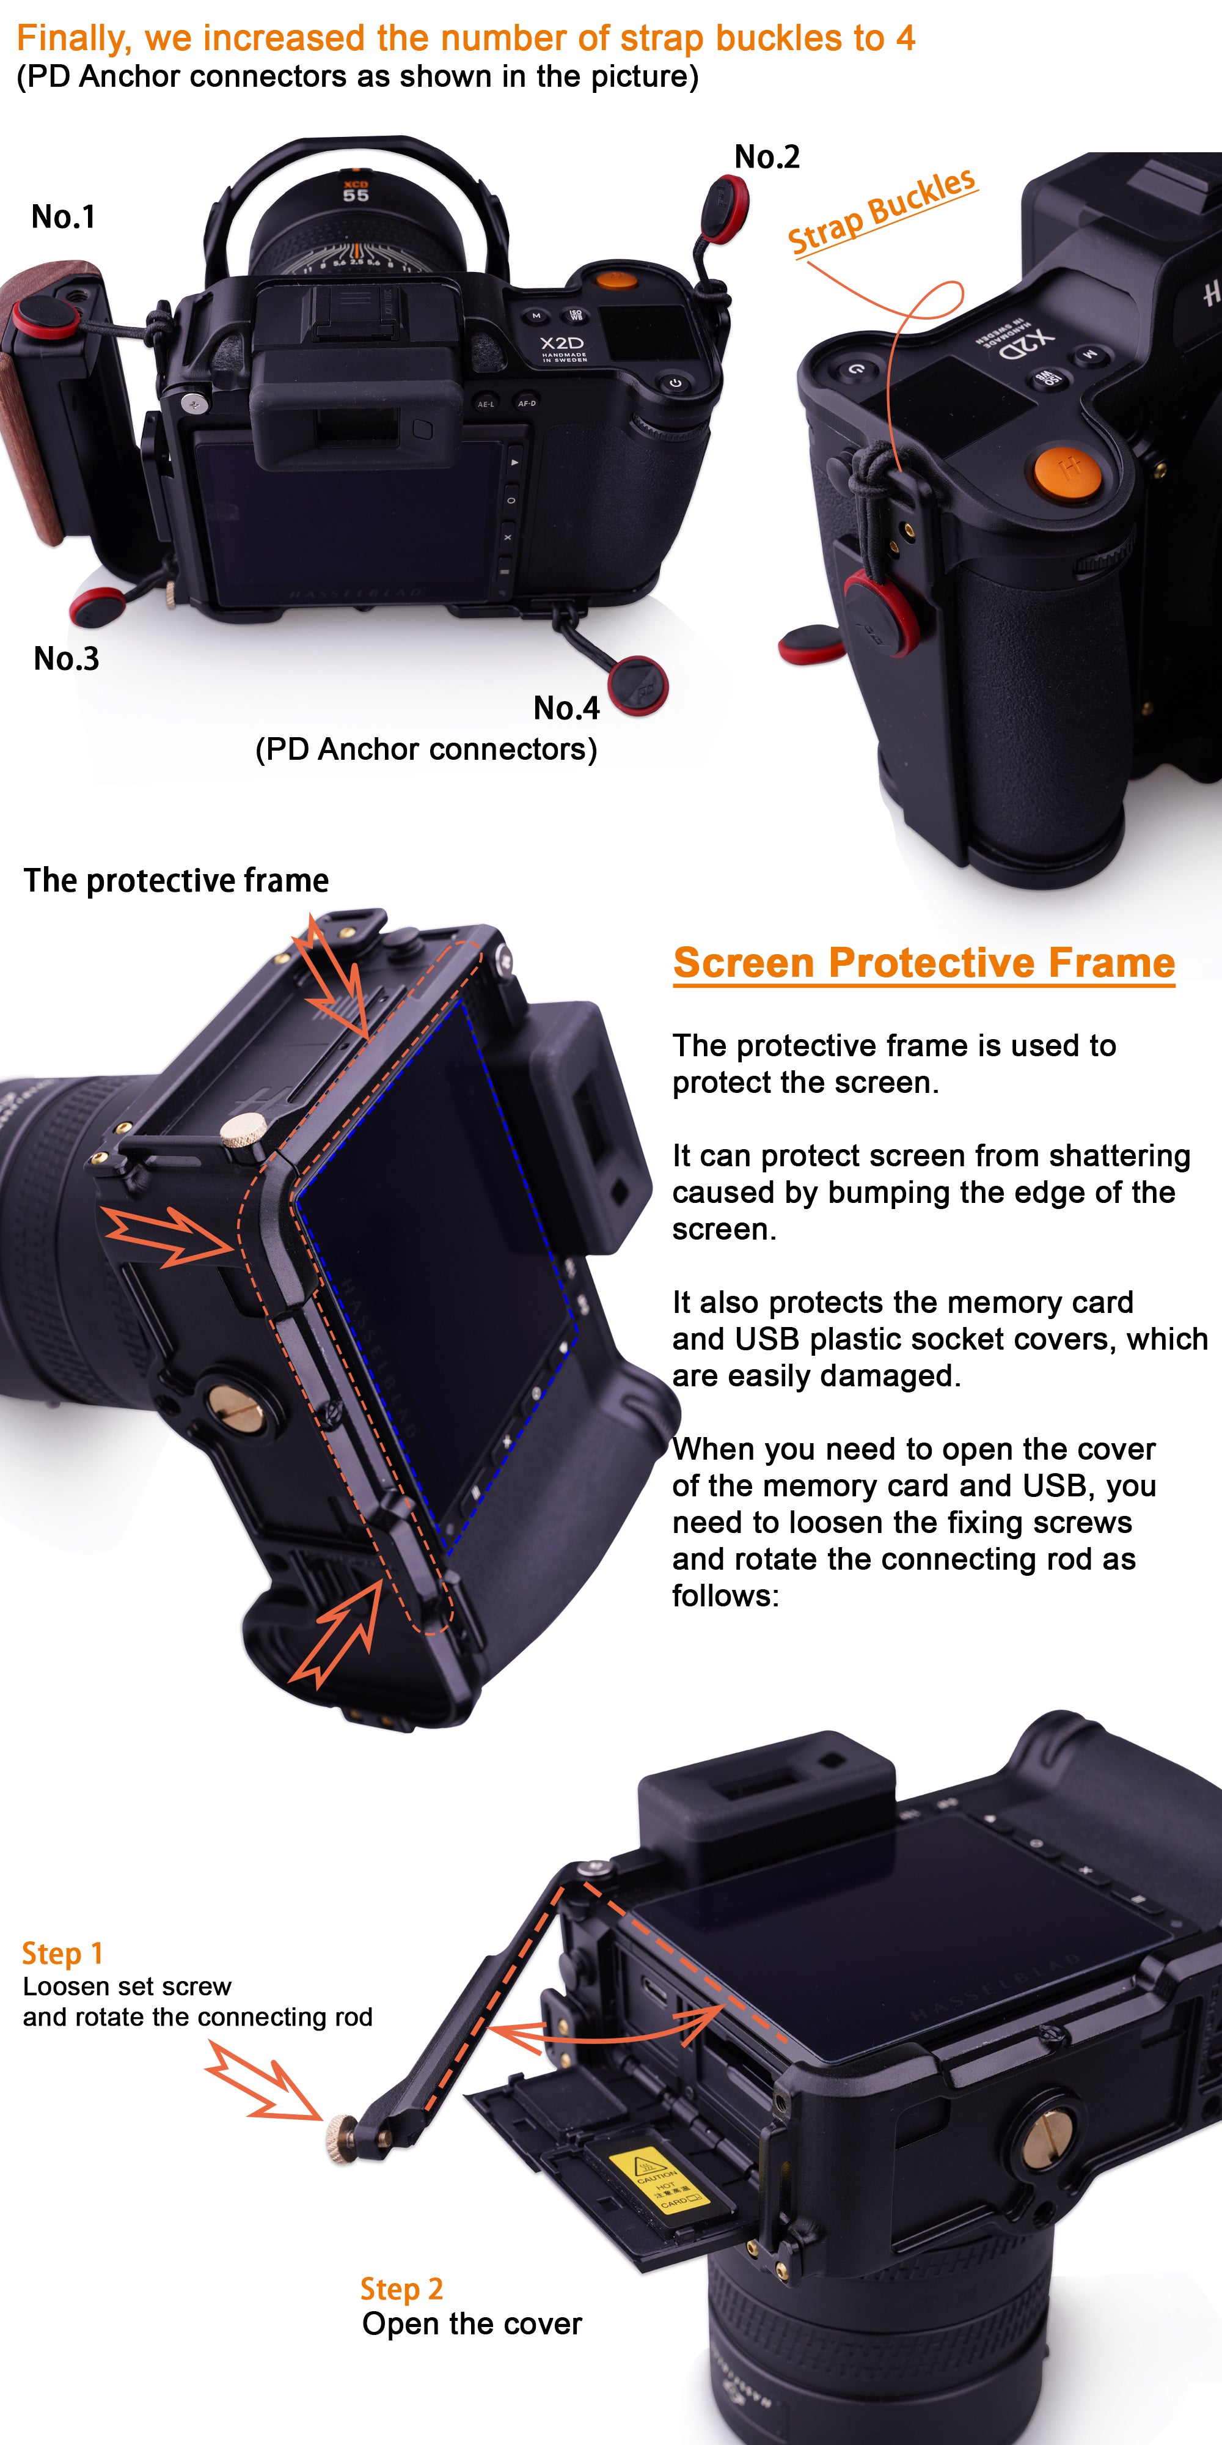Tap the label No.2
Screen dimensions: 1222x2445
[767, 156]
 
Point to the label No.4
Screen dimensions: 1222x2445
[566, 707]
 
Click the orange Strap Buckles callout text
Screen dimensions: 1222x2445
[882, 211]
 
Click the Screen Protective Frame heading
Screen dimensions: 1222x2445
[924, 963]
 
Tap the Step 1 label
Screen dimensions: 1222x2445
[62, 1954]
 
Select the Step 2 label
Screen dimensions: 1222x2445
[401, 2289]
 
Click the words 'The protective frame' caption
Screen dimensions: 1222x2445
[177, 881]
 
